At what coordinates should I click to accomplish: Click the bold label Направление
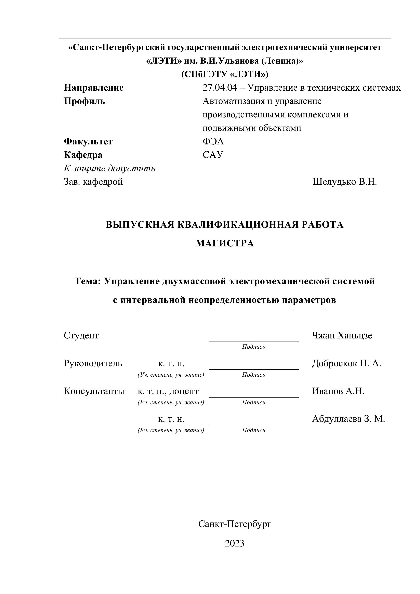94,88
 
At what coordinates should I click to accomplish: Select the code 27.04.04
220,88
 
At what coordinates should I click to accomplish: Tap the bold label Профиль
84,101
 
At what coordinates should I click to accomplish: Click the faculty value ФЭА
213,142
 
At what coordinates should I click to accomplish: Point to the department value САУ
213,155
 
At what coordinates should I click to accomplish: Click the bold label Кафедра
83,155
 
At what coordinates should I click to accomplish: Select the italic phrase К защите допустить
109,168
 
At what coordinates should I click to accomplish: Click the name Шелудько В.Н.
344,182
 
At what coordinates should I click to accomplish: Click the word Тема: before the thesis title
87,281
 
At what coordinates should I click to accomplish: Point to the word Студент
81,336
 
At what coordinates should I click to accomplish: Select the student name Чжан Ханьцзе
342,336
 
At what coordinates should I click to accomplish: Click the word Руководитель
93,363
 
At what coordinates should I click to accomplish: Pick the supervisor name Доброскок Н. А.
346,363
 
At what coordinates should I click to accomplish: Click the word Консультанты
94,391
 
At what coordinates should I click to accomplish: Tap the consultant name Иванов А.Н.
338,391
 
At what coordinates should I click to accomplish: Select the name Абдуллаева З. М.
348,419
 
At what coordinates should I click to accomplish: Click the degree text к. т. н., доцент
168,391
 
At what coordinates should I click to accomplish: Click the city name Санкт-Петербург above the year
235,524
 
